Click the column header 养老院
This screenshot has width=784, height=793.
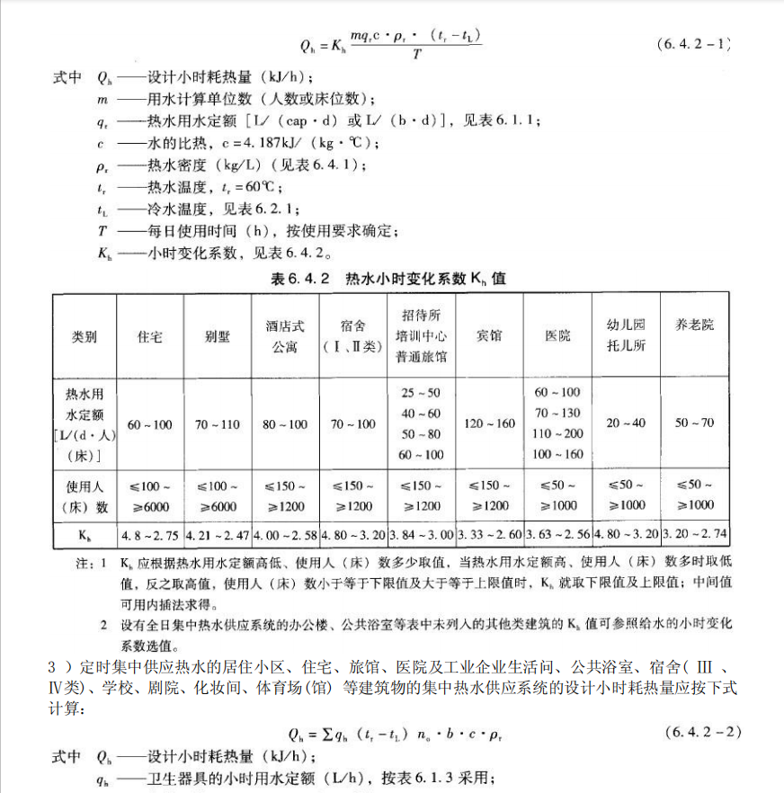coord(694,325)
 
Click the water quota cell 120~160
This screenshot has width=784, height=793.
coord(489,423)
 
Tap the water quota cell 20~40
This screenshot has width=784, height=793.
coord(626,423)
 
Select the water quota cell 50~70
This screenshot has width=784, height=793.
coord(694,423)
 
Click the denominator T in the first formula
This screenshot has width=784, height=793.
coord(417,55)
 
